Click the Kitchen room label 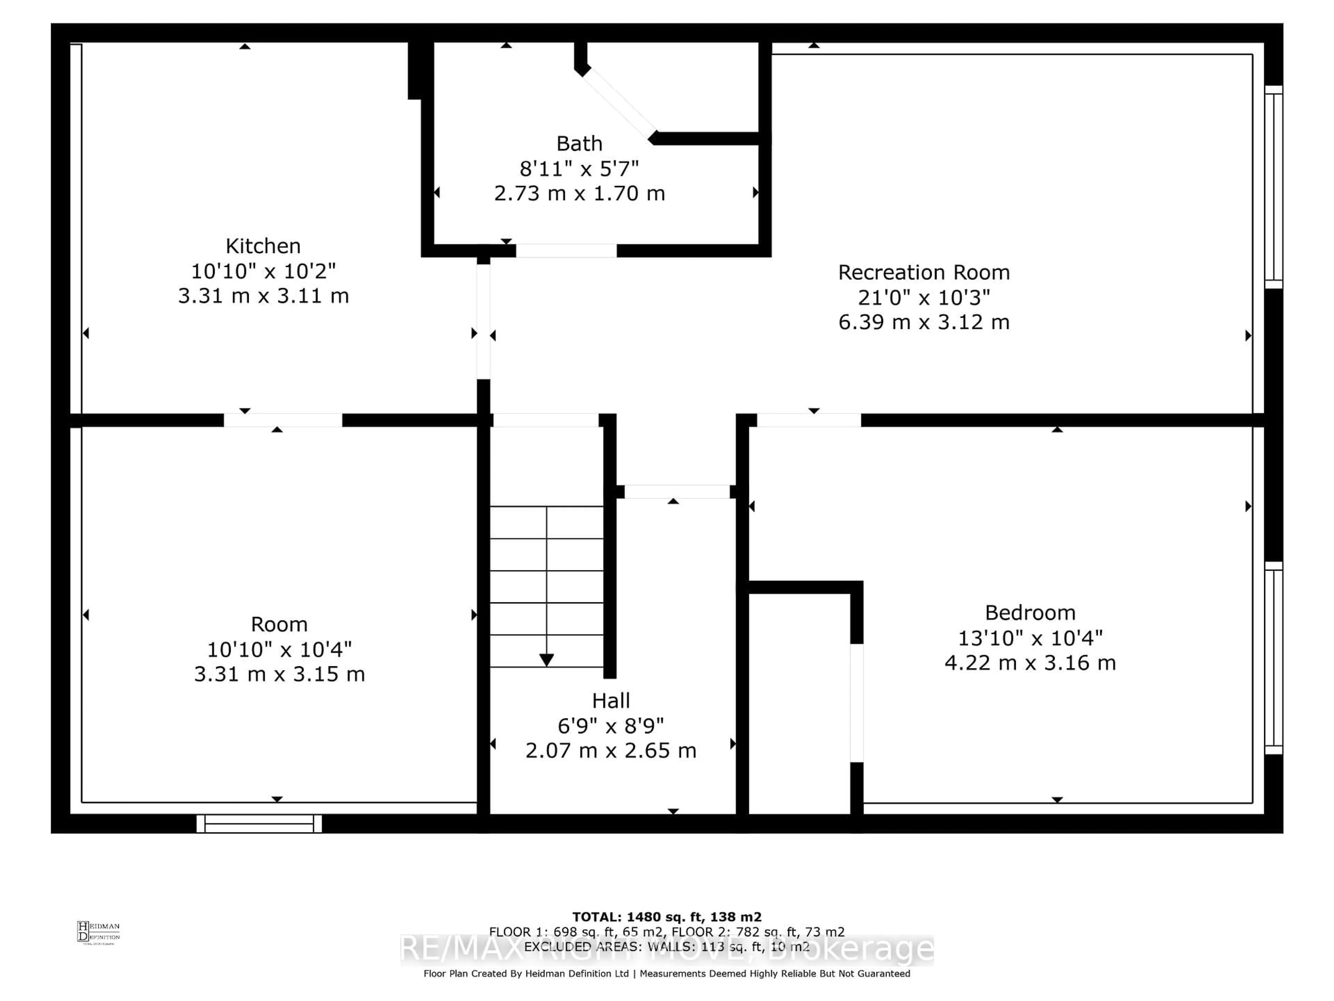263,246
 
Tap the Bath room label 579,144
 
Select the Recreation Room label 923,273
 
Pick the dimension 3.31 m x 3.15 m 279,674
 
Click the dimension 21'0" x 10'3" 923,298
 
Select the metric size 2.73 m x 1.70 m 579,194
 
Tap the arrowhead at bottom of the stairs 546,660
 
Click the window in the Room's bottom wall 259,824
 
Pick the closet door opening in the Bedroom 856,703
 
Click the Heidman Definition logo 98,932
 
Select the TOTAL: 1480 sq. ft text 666,917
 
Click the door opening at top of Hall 677,492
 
